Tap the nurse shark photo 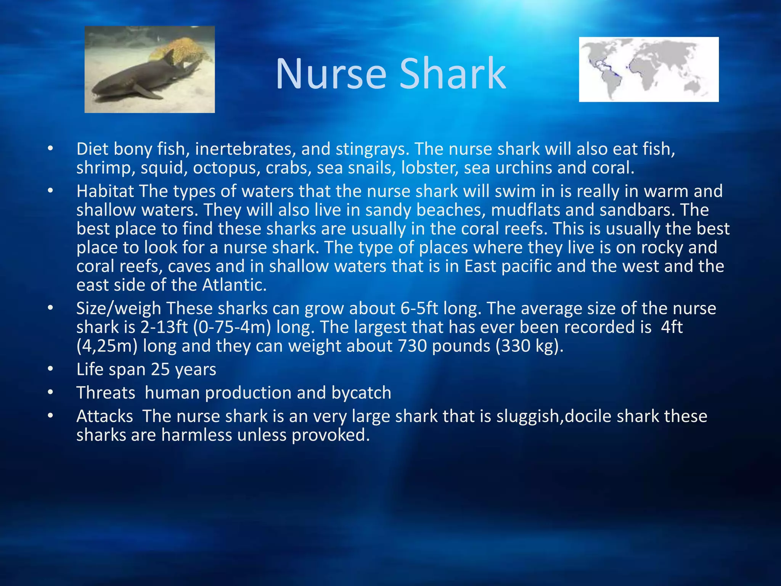(149, 69)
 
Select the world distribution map (649, 69)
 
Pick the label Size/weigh (119, 308)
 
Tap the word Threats (106, 393)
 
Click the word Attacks (104, 416)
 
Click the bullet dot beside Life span (50, 369)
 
